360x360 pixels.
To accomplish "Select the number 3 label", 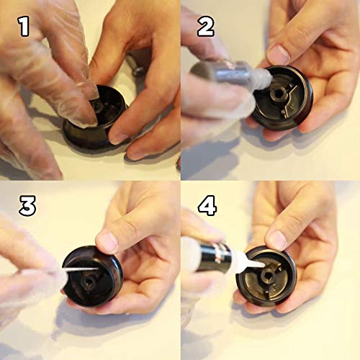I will [27, 207].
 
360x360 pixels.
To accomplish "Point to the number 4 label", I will [207, 207].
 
